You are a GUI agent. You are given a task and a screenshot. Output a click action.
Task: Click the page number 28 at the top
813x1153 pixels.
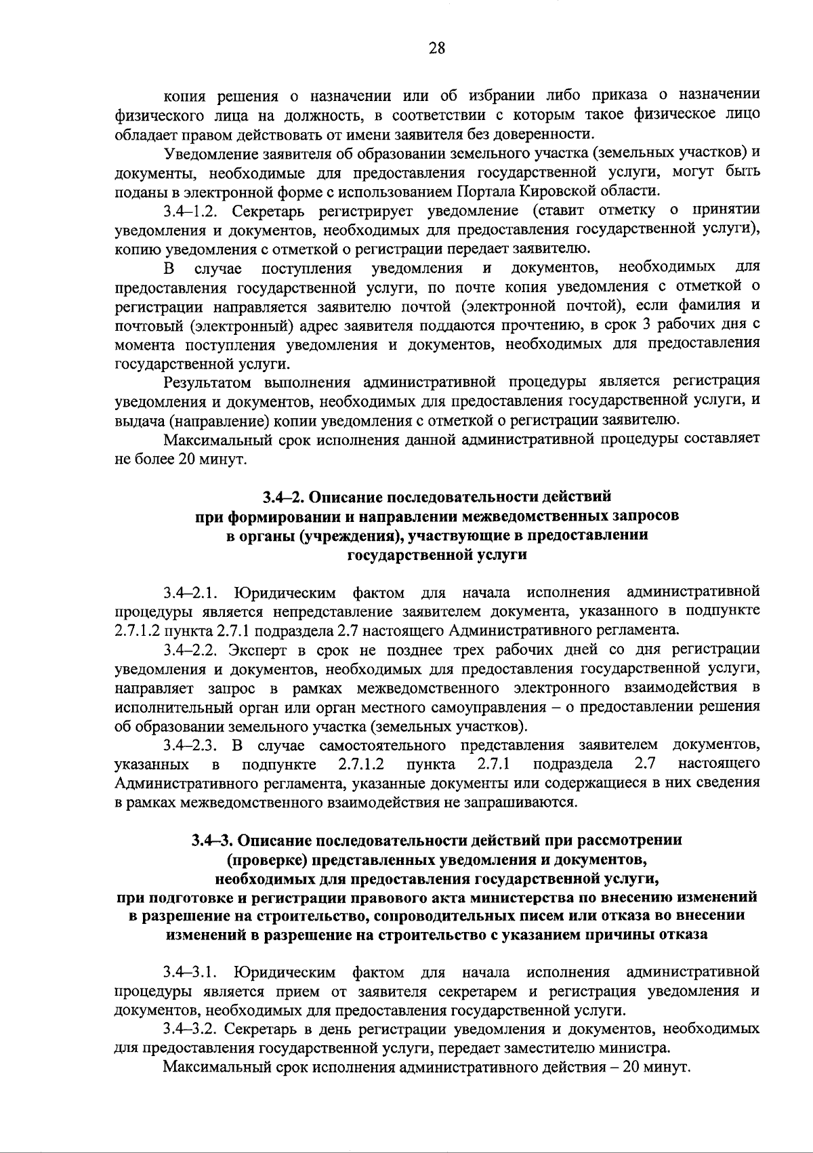437,47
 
